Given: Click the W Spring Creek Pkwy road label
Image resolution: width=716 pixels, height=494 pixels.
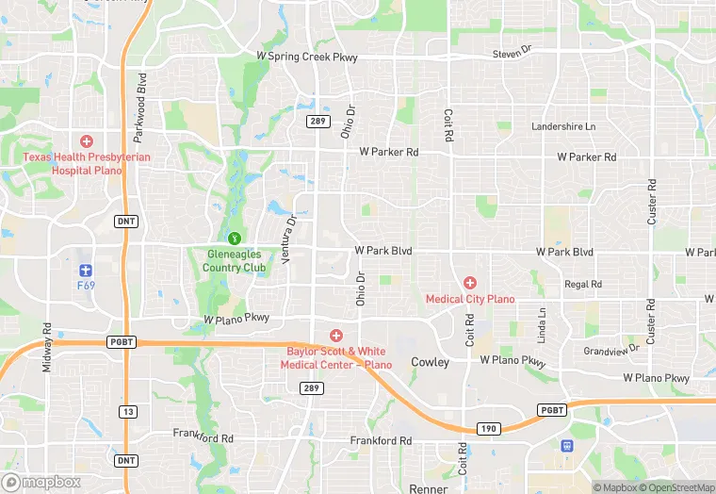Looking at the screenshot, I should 307,57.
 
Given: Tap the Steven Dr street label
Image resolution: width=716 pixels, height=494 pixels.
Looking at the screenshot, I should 513,54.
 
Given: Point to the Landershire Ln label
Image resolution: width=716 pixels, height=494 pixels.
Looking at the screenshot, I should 563,126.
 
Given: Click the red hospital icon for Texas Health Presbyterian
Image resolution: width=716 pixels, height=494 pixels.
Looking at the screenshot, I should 87,141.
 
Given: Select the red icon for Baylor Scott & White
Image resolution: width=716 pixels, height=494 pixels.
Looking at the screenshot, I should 335,336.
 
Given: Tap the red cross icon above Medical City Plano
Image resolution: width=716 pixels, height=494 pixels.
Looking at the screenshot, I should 470,283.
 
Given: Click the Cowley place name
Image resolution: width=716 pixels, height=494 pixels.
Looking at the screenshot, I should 430,362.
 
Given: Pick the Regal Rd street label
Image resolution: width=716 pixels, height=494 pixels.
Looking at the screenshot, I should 582,284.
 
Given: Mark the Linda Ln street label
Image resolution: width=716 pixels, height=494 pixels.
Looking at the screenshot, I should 542,325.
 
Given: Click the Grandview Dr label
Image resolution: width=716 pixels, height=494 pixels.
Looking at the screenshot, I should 611,349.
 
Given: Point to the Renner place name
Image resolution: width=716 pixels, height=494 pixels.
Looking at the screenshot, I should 430,488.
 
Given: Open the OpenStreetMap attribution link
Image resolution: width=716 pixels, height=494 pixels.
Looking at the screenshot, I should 676,487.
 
